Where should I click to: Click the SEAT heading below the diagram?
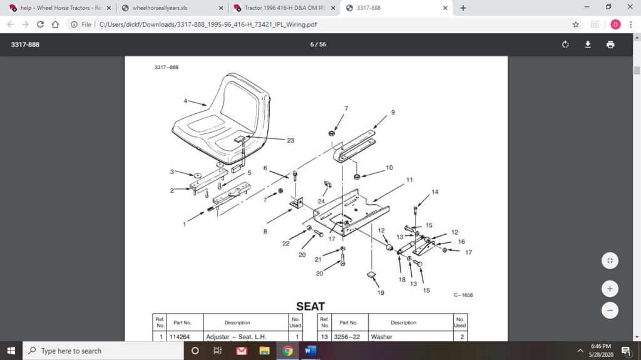coord(310,306)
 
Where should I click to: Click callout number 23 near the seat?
coord(290,141)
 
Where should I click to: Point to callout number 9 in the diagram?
coord(393,112)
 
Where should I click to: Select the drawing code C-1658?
coord(463,295)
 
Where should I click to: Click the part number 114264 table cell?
coord(182,337)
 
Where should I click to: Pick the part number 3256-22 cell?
coord(348,337)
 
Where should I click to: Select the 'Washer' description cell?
coord(382,337)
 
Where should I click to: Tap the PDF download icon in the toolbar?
coord(588,44)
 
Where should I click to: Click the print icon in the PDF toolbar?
coord(610,44)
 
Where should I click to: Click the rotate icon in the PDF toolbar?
coord(565,44)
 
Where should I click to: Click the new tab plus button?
coord(463,8)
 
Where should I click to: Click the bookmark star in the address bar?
coord(575,24)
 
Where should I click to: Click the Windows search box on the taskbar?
coord(103,351)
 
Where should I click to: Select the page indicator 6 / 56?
coord(318,44)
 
